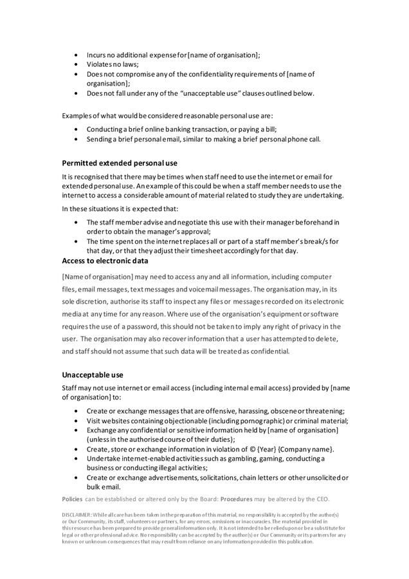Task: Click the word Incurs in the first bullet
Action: click(98, 55)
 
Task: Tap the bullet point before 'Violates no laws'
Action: click(77, 65)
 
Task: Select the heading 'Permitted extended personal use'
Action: click(119, 163)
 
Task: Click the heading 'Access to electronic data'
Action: click(105, 261)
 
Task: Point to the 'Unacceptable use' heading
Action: click(93, 374)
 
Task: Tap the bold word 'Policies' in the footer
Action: click(73, 499)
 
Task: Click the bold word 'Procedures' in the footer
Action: click(241, 499)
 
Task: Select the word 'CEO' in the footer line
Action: click(321, 499)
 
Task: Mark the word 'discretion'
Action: click(88, 301)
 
